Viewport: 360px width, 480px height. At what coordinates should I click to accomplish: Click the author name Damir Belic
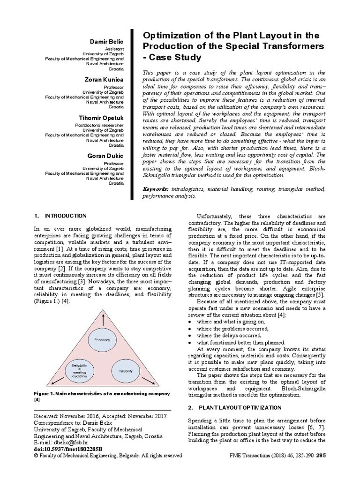tap(107, 43)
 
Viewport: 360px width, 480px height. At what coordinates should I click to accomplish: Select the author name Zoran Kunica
tap(105, 80)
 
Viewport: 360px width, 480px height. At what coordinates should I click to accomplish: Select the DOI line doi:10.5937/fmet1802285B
tap(64, 449)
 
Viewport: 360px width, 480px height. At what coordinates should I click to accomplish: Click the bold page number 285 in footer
tap(321, 455)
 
